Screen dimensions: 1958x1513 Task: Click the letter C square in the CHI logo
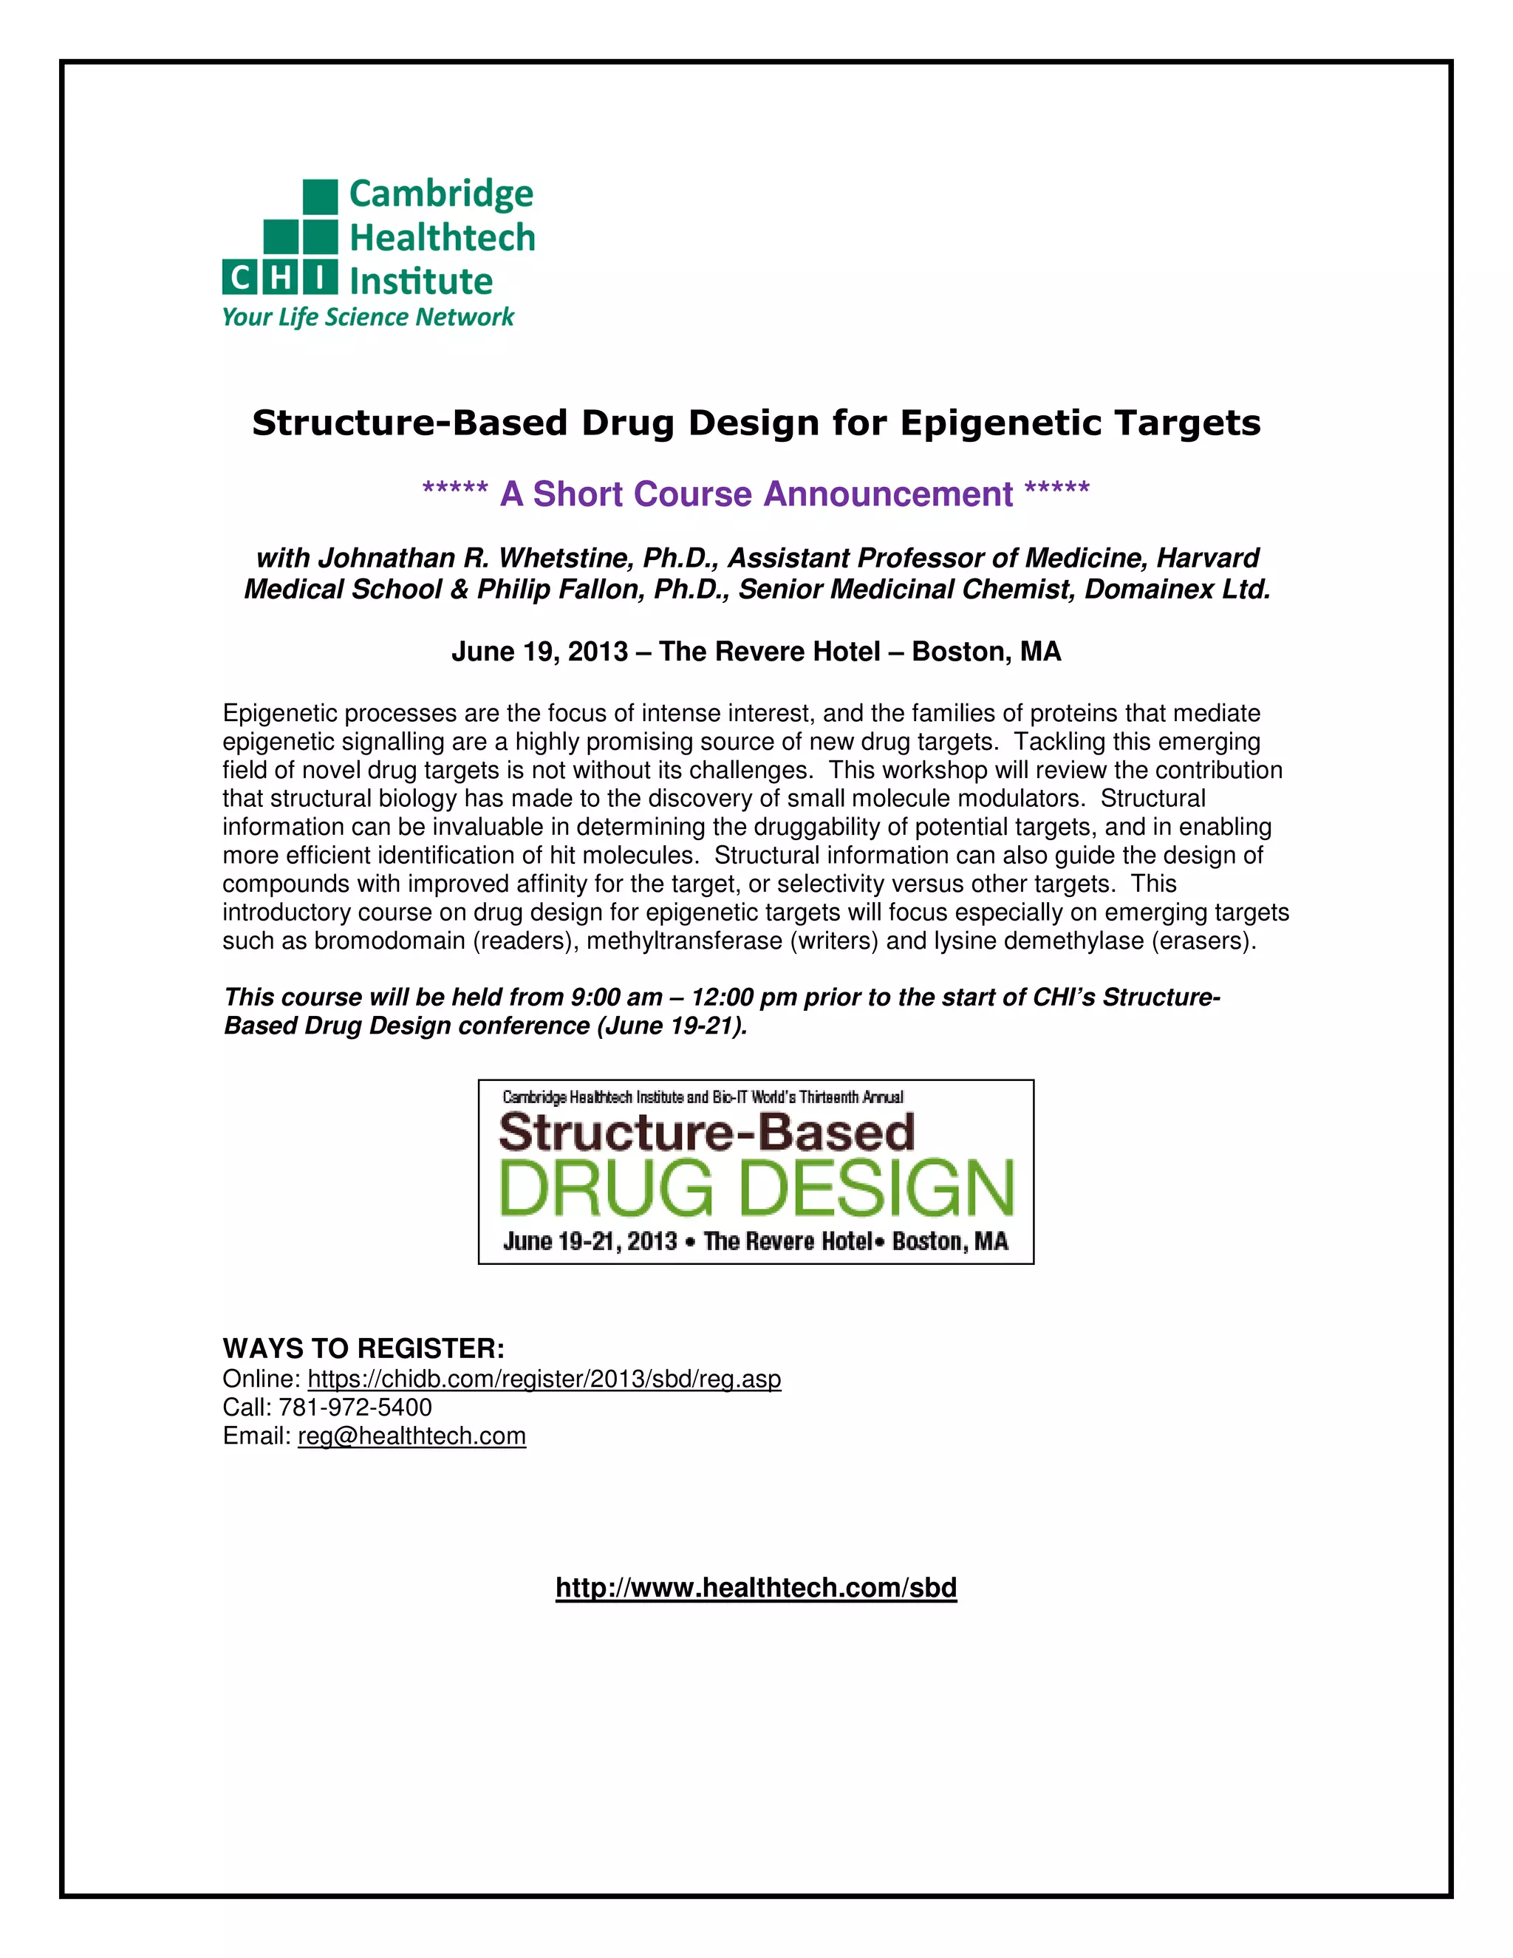tap(239, 279)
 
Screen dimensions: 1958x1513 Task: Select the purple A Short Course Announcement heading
tap(756, 494)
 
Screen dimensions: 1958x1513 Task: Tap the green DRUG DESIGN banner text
tap(756, 1188)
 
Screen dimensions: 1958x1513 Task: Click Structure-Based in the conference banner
tap(706, 1131)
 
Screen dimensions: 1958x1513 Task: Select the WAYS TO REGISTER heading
tap(363, 1348)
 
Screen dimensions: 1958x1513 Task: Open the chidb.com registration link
tap(544, 1379)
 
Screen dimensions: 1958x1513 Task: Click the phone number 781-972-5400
tap(355, 1408)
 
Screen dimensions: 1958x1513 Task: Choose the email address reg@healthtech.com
tap(411, 1436)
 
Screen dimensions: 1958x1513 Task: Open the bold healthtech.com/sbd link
tap(756, 1588)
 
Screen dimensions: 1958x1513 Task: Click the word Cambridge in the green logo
tap(440, 194)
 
